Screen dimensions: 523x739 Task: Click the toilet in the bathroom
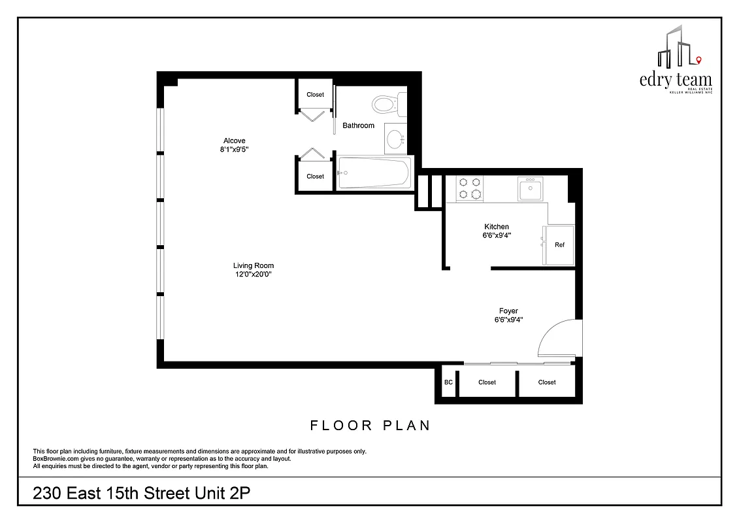click(x=386, y=103)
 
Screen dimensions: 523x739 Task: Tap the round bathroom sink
click(x=395, y=139)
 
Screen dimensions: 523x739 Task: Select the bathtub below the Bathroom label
click(x=374, y=173)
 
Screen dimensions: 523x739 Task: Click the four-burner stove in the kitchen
click(x=469, y=188)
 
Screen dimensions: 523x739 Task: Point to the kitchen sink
click(x=530, y=190)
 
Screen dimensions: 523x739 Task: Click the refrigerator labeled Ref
click(x=559, y=245)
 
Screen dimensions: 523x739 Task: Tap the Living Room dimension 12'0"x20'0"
click(x=253, y=275)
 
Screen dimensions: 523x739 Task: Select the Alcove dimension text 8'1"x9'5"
click(x=234, y=150)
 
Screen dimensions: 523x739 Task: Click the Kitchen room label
click(x=496, y=227)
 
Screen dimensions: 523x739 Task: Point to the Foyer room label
click(x=508, y=311)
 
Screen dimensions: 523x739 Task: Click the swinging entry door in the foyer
click(x=559, y=339)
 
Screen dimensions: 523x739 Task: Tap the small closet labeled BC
click(x=448, y=382)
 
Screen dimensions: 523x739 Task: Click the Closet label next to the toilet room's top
click(x=315, y=95)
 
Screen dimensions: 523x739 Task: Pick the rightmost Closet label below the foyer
click(x=547, y=382)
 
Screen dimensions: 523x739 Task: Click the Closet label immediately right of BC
click(x=487, y=382)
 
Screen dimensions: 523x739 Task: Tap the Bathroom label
click(x=359, y=126)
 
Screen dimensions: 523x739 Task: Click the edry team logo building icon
click(x=677, y=47)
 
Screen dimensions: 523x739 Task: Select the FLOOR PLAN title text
click(x=370, y=426)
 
